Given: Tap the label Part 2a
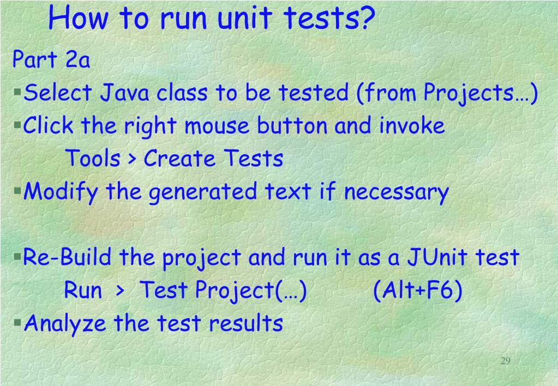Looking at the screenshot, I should coord(51,60).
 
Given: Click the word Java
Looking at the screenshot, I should coord(125,93).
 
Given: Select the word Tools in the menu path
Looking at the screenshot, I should coord(93,159).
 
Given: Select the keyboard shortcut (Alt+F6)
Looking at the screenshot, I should coord(418,290).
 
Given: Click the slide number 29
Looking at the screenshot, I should coord(505,361).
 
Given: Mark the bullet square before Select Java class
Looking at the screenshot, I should coord(17,89).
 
